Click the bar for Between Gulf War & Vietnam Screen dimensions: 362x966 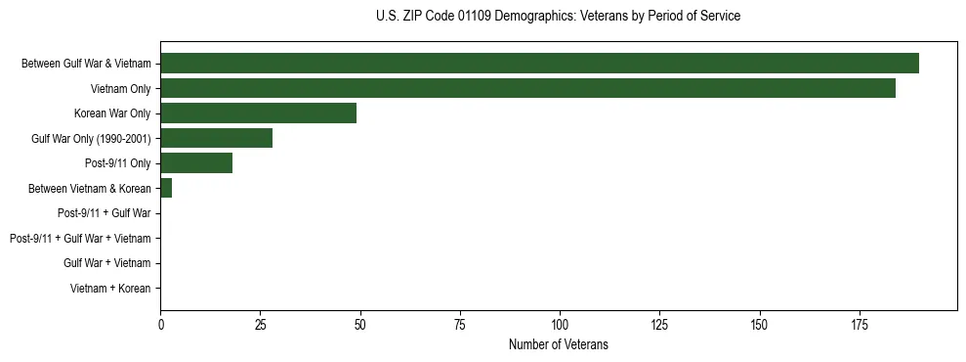[539, 64]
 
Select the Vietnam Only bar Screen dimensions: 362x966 [527, 88]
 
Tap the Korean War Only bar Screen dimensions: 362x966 [258, 113]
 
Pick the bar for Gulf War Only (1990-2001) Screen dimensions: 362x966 [216, 138]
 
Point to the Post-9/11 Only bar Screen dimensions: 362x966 [196, 163]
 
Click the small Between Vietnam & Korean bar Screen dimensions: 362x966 [166, 188]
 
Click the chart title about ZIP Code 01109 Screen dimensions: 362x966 [558, 17]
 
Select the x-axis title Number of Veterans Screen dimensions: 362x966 [558, 344]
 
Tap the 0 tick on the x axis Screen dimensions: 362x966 [160, 324]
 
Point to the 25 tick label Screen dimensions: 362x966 [260, 324]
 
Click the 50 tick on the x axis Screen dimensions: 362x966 [360, 324]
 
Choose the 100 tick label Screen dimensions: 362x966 [560, 324]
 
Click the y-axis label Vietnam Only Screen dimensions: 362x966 [120, 89]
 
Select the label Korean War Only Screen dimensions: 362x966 [112, 113]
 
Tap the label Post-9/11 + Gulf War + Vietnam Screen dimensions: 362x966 [80, 239]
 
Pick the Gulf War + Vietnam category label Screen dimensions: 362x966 [107, 263]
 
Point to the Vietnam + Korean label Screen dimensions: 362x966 [110, 289]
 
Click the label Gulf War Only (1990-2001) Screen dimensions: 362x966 [91, 139]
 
